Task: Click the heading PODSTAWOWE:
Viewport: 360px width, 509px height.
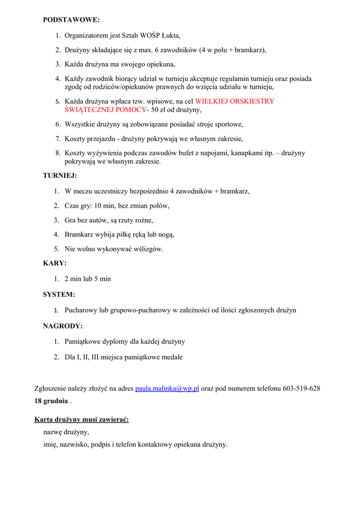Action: [x=71, y=20]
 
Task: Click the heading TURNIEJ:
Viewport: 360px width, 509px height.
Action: [x=60, y=175]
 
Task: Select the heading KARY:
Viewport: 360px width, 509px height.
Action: [x=55, y=263]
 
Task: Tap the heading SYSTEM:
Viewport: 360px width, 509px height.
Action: [x=59, y=294]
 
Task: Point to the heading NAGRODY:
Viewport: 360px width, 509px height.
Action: [x=63, y=326]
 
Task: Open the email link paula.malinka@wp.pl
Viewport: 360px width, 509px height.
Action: [x=167, y=389]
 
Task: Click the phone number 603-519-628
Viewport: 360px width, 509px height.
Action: [x=301, y=389]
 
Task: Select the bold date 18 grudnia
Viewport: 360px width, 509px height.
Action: [x=51, y=401]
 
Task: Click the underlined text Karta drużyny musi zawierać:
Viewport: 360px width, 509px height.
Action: [x=82, y=420]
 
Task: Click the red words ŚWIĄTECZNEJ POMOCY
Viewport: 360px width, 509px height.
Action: [x=105, y=109]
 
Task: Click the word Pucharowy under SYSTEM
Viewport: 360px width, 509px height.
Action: [x=81, y=310]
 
